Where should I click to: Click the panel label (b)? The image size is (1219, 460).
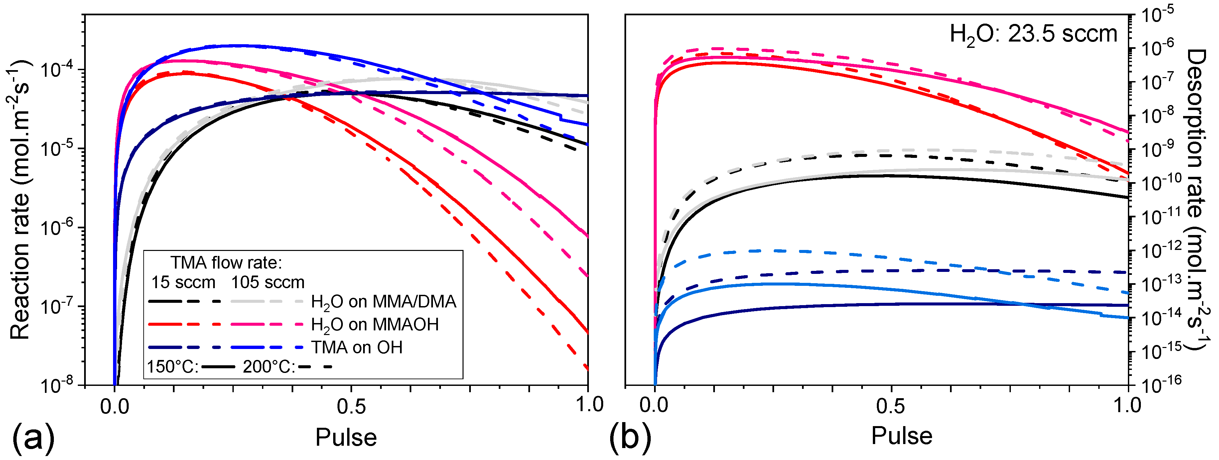[x=630, y=437]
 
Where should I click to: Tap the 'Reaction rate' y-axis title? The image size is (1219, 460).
[x=20, y=199]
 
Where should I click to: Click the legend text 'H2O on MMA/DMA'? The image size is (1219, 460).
[x=383, y=301]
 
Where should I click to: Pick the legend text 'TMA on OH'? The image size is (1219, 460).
[x=356, y=347]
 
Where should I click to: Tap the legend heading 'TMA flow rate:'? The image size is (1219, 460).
[x=226, y=262]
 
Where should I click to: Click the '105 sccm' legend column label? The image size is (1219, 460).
[x=267, y=283]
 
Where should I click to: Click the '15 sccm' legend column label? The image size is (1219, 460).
[x=183, y=283]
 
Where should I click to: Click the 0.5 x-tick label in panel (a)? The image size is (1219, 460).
[x=351, y=406]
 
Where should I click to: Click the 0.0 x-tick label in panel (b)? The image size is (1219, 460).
[x=654, y=406]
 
